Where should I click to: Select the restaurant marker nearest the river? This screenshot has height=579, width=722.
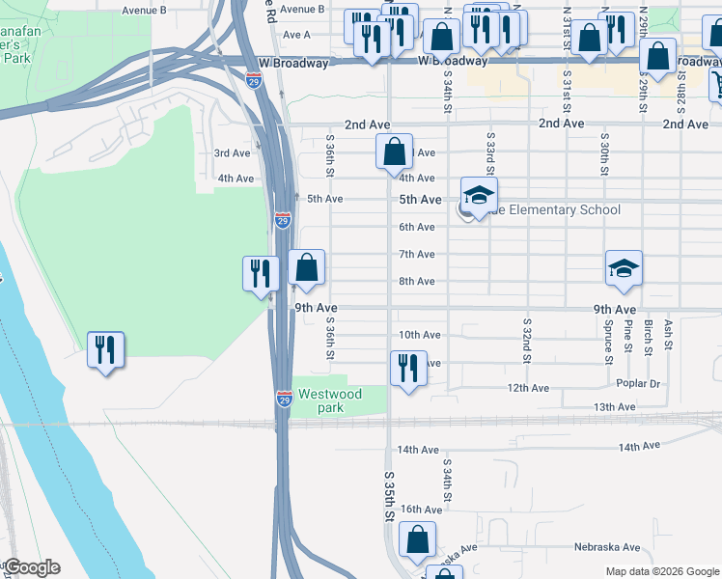pos(105,351)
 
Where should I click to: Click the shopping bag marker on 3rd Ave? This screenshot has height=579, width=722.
pos(394,152)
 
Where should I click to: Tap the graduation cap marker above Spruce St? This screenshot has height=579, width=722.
pos(624,269)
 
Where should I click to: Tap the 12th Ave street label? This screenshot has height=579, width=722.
pos(528,388)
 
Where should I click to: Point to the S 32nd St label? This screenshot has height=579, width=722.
pos(527,341)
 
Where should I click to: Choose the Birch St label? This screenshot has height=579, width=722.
pos(648,337)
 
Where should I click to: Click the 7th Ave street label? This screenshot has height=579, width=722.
pos(417,254)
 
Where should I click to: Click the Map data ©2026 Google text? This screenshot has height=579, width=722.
pos(661,571)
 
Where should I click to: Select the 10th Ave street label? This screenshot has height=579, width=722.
pos(419,335)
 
